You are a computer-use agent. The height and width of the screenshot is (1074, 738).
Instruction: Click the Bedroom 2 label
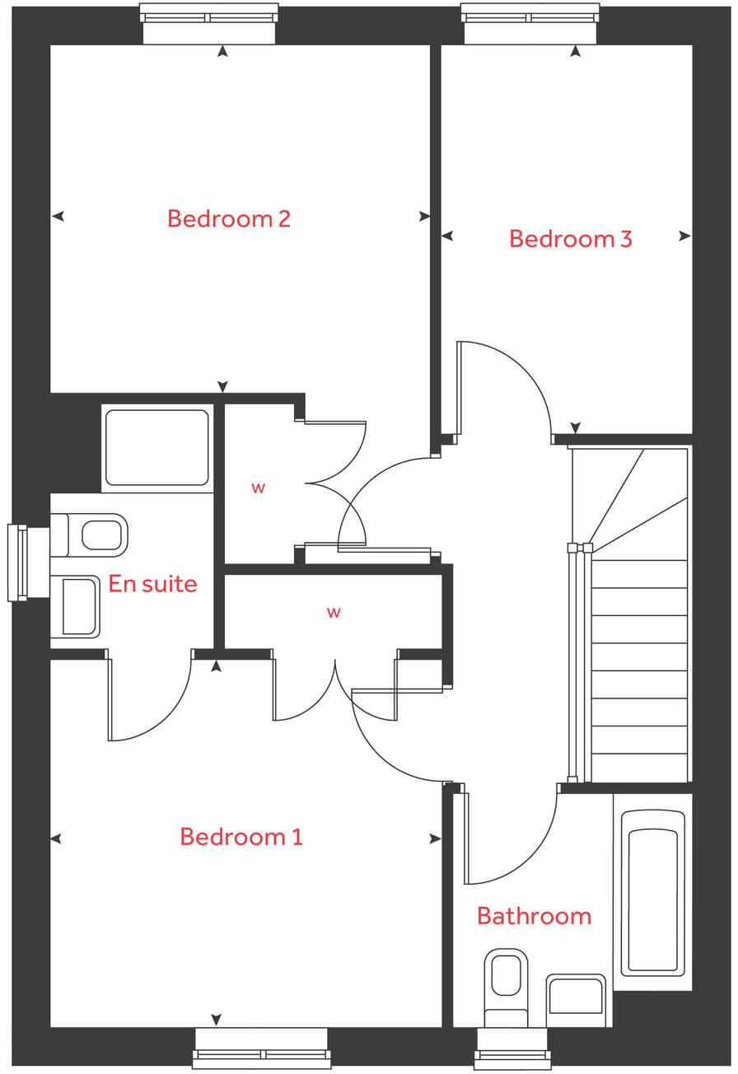click(228, 219)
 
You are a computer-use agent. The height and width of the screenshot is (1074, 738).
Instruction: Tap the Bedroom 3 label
click(570, 239)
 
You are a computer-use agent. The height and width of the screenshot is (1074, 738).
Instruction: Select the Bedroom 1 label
click(241, 837)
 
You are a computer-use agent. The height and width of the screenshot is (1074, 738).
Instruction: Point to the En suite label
click(152, 584)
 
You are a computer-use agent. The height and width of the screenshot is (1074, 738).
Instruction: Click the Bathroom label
click(534, 916)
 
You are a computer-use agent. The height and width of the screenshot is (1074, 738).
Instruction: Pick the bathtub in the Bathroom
click(652, 891)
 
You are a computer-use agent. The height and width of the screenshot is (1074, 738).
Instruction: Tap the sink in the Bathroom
click(576, 998)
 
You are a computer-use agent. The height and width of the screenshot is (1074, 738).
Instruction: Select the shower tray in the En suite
click(156, 446)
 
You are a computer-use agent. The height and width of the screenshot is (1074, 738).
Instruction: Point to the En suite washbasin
click(76, 606)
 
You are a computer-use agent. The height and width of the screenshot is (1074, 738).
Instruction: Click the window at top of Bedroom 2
click(208, 22)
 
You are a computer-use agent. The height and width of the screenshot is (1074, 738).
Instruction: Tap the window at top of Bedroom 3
click(530, 22)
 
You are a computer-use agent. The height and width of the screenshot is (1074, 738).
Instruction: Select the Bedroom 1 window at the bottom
click(261, 1048)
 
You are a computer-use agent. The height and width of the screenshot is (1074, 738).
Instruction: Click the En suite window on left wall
click(18, 563)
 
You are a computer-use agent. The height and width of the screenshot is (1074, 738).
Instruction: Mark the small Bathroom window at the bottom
click(512, 1048)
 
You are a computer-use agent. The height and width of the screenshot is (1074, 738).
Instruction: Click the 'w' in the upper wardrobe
click(258, 488)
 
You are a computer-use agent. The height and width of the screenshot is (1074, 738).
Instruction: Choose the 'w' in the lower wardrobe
click(334, 612)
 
